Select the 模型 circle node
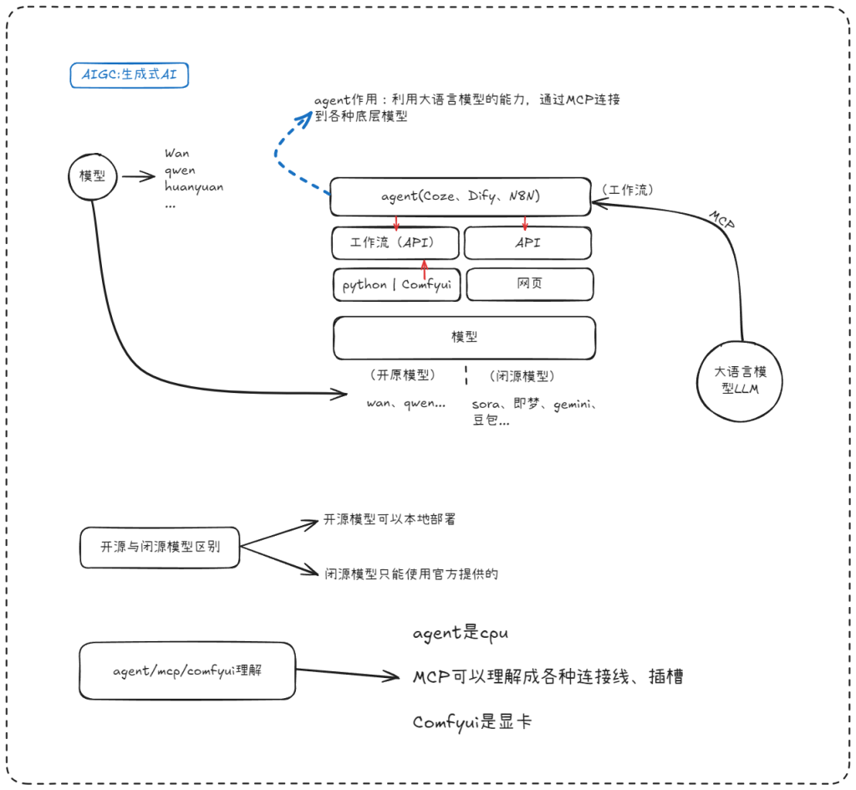90,176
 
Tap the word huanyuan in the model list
194,187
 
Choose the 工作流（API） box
395,243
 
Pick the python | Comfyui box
397,284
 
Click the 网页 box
529,284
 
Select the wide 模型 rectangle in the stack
464,337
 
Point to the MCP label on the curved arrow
722,219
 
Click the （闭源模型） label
522,376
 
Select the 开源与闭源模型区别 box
159,548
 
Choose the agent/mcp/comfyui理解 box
187,670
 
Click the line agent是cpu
460,634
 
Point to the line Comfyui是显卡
471,721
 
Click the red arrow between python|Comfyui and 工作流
425,269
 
